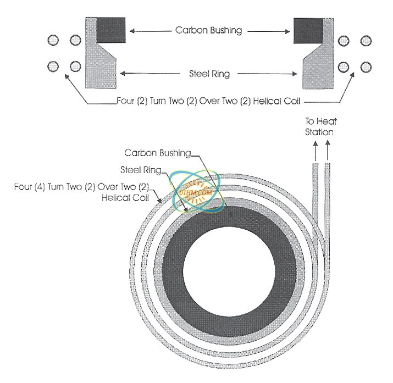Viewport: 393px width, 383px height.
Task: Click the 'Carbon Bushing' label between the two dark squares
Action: point(208,30)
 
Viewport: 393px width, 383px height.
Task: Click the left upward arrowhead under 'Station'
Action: point(315,143)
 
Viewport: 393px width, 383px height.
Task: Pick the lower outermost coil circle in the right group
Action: point(364,66)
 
